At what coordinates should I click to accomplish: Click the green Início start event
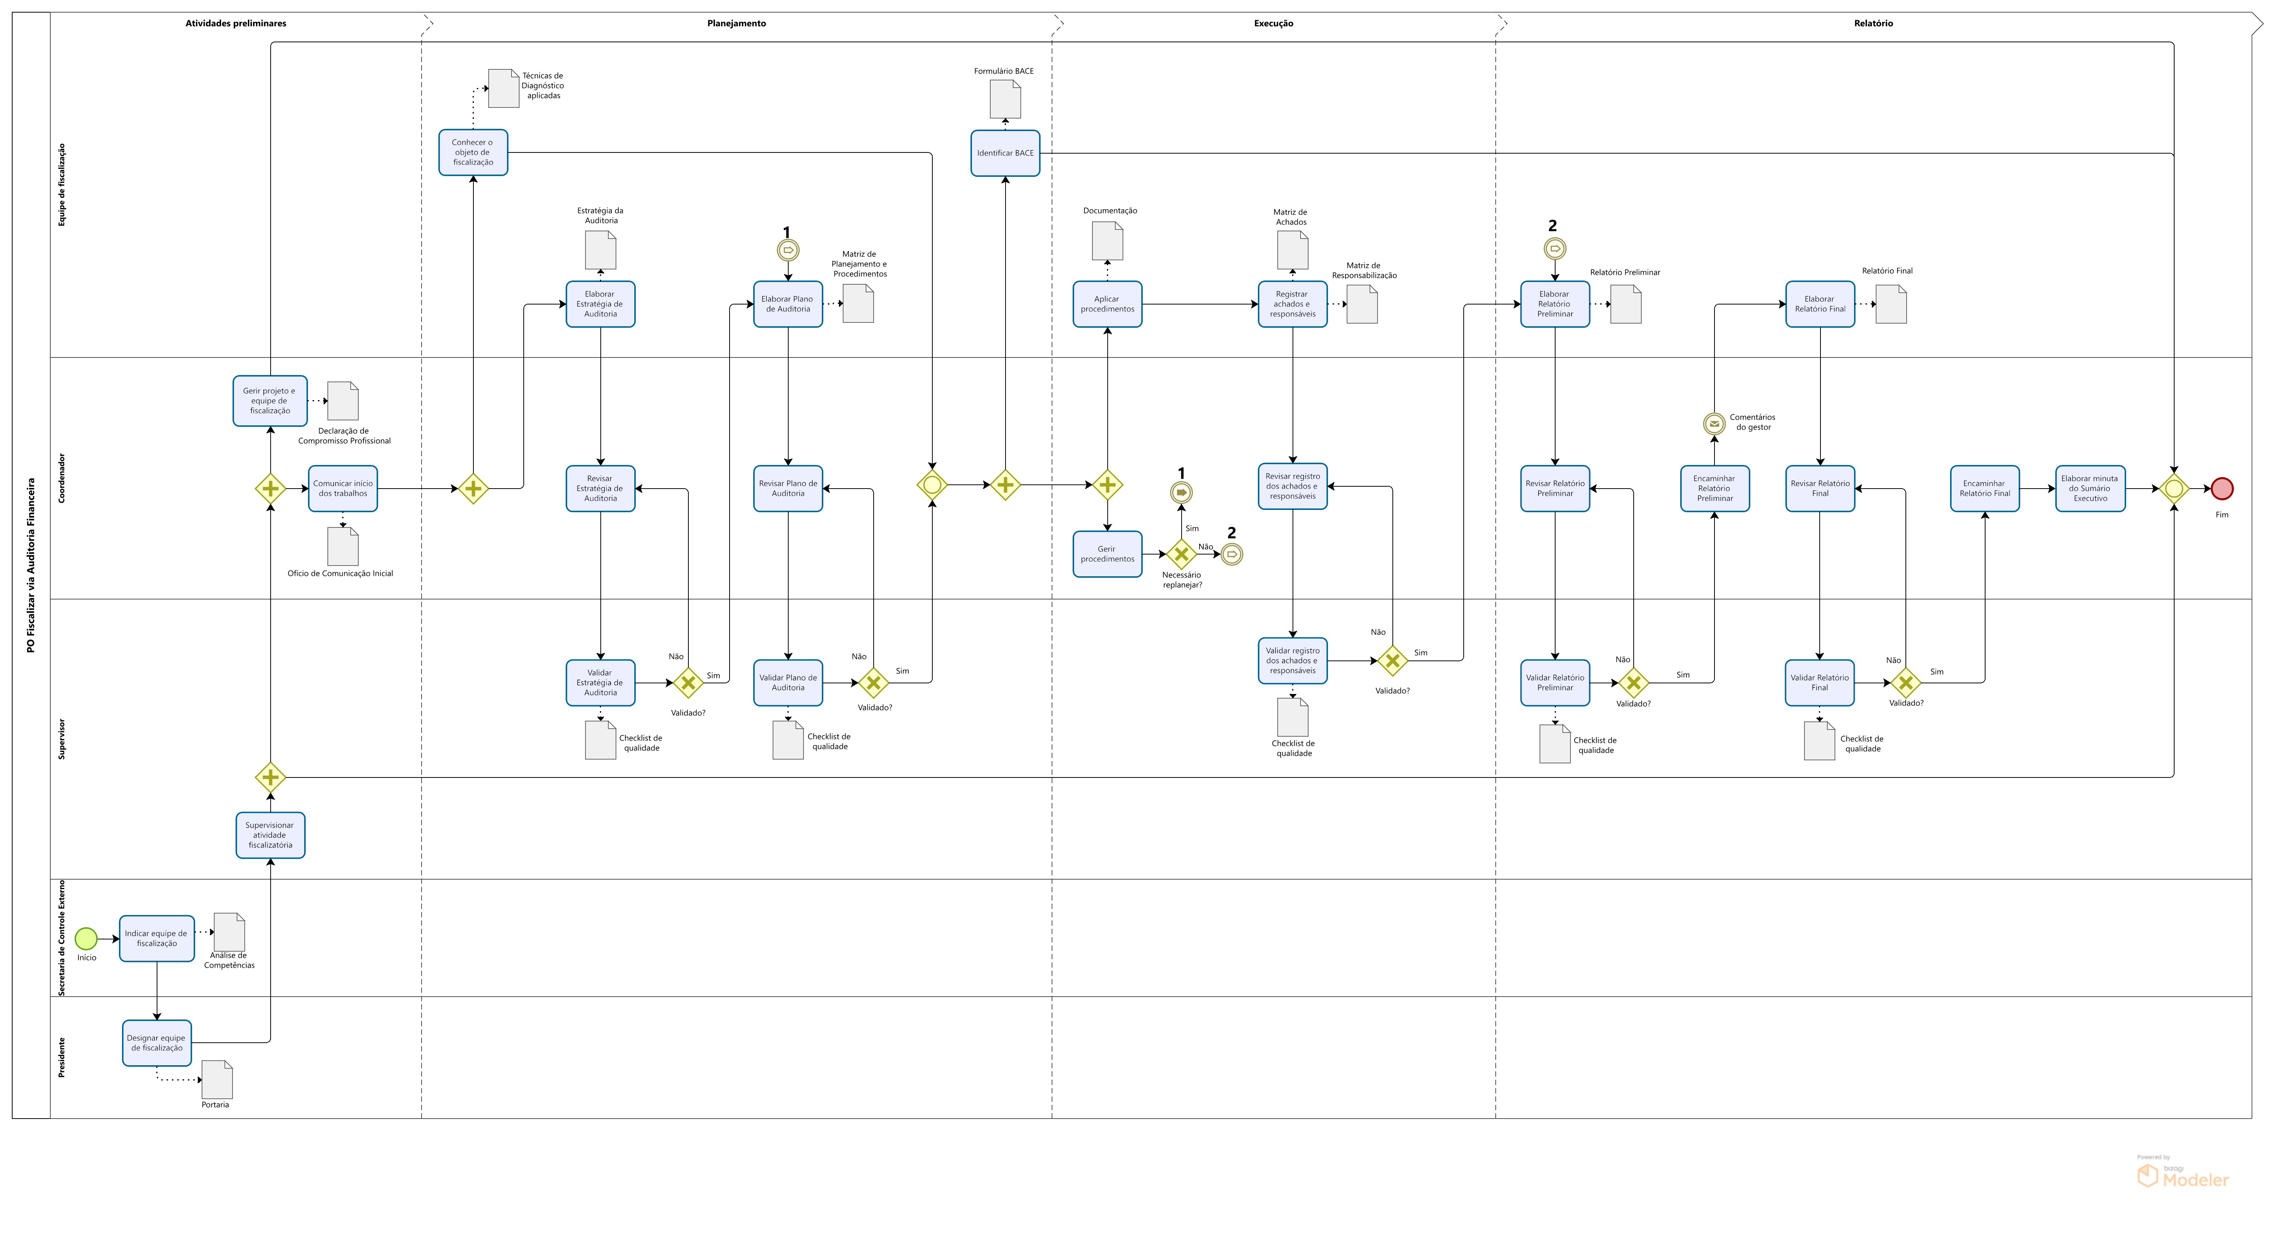pos(85,939)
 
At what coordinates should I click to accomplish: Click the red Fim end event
pos(2221,488)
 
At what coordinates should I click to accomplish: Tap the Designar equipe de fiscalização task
pos(157,1043)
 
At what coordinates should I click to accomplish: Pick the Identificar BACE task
pos(1005,153)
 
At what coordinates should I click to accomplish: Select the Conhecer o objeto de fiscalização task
pos(473,152)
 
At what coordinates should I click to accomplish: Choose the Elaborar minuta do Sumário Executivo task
pos(2090,488)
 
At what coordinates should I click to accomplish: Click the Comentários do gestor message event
pos(1714,424)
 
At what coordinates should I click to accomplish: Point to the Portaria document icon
pos(217,1080)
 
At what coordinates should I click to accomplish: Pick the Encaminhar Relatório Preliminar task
pos(1715,488)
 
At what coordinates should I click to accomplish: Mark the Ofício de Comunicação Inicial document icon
pos(343,547)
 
